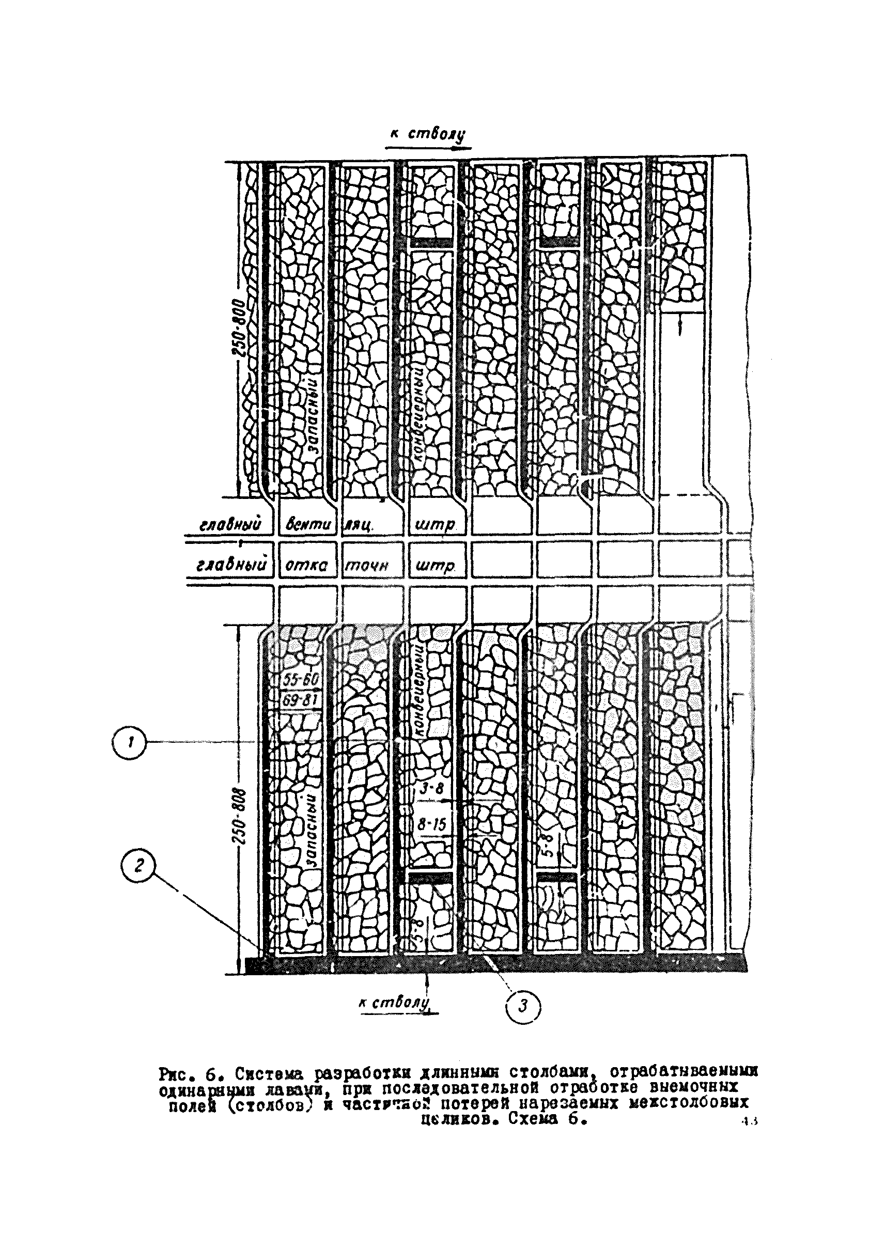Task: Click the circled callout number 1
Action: [129, 743]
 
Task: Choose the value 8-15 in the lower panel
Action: [431, 825]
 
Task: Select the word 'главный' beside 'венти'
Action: [230, 525]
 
